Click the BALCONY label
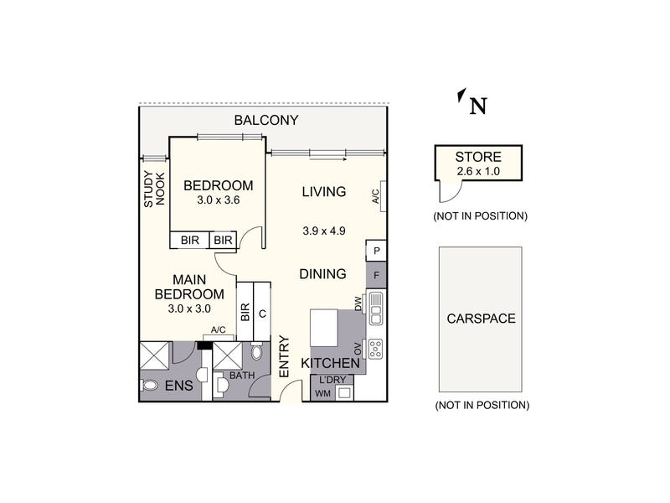265,120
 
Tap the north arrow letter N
478,106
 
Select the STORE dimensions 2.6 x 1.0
478,172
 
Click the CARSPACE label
481,319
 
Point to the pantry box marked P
376,251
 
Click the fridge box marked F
376,275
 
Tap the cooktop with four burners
375,349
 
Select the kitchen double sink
376,308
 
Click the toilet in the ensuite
148,386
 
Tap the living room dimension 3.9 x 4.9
324,231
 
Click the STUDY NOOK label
154,189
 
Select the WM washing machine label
323,393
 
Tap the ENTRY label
284,357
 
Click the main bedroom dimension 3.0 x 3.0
189,309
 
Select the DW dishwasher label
358,304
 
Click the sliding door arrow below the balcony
328,159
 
